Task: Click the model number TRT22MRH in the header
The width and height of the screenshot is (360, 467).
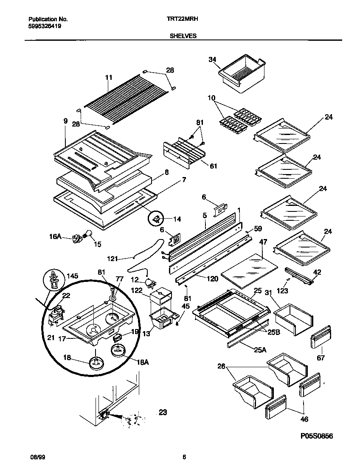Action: click(x=184, y=19)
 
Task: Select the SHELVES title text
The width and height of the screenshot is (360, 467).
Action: click(x=183, y=37)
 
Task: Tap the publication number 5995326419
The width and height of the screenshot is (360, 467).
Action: click(x=45, y=26)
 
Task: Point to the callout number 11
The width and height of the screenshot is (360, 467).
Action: click(x=109, y=78)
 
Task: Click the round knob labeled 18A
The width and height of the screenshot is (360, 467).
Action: click(x=119, y=349)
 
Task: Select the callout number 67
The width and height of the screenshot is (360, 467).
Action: click(x=321, y=358)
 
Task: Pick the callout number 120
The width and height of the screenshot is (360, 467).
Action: click(x=212, y=279)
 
